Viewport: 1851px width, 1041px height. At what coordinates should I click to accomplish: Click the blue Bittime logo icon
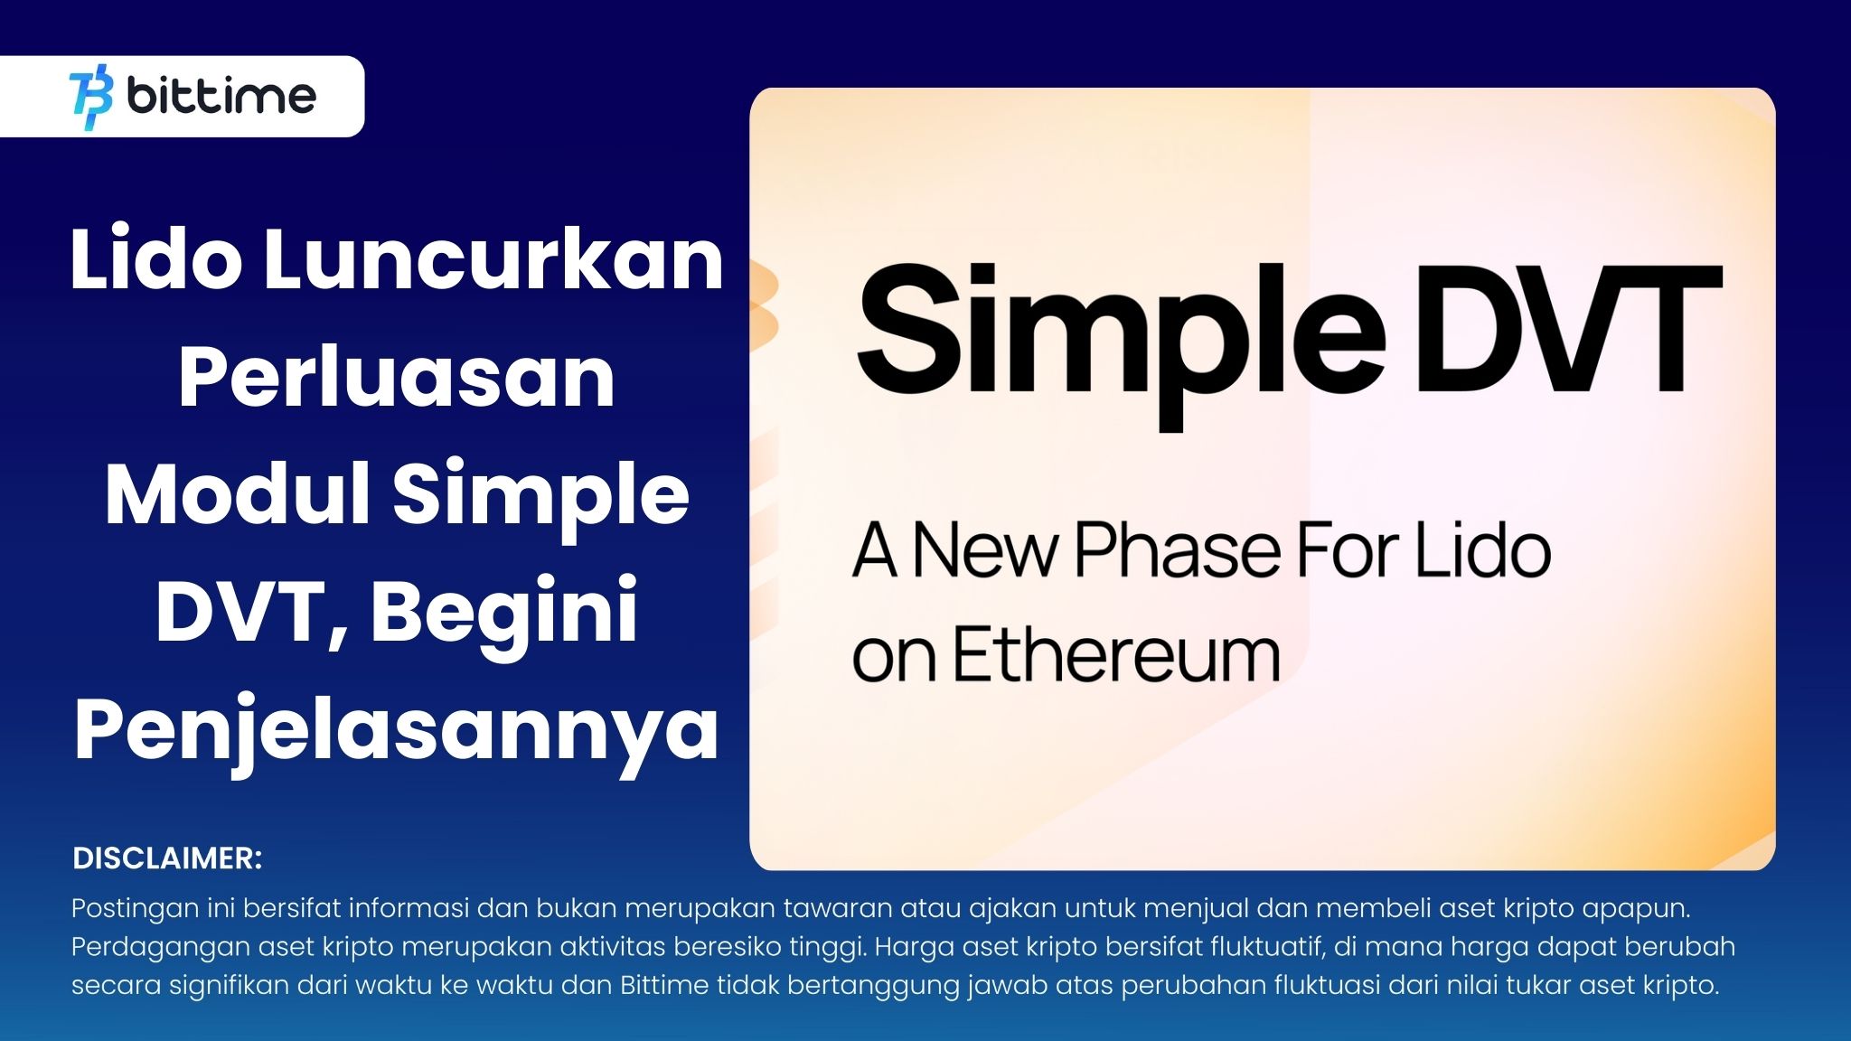pyautogui.click(x=91, y=97)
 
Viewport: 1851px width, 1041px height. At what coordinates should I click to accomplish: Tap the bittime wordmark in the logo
pyautogui.click(x=222, y=96)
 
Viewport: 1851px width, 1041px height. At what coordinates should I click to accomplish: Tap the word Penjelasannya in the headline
pyautogui.click(x=397, y=732)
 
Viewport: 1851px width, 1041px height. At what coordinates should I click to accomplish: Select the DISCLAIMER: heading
pyautogui.click(x=167, y=858)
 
